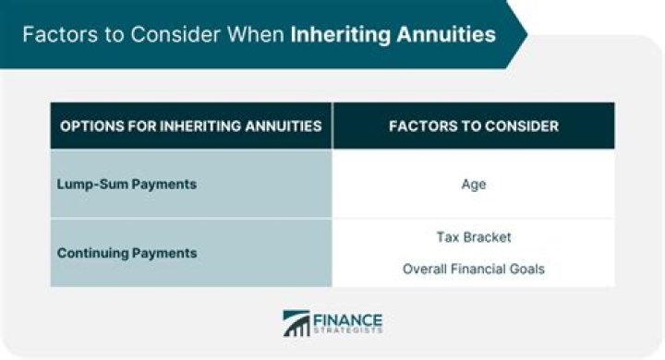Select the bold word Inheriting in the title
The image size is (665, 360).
336,35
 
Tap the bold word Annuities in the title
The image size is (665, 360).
441,35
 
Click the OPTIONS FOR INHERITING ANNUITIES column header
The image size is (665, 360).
190,126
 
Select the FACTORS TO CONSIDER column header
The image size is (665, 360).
473,126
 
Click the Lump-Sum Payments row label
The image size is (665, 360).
127,184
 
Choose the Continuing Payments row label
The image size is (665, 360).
127,252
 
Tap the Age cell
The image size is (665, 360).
473,184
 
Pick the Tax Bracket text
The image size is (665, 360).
473,237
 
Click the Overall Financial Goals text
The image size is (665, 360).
473,270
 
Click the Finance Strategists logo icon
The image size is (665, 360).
296,323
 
